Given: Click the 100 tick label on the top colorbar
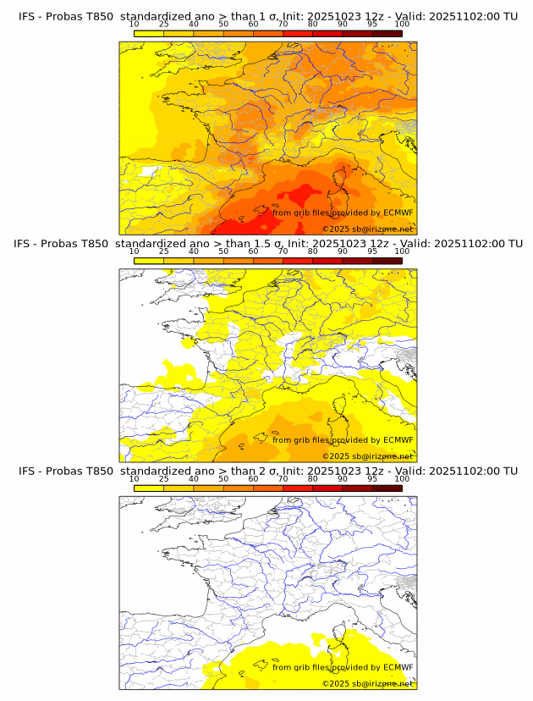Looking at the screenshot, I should (x=402, y=25).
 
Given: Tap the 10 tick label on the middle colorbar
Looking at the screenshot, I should (x=135, y=251).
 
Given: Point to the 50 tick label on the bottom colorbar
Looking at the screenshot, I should (x=223, y=478).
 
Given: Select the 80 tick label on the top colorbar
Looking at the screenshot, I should (x=313, y=25).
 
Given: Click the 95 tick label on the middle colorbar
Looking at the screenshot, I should (x=372, y=251).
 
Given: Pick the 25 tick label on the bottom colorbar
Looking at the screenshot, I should (x=164, y=478).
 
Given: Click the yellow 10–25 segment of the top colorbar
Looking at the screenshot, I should (x=149, y=33).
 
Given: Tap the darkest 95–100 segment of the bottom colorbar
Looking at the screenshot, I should (x=387, y=488).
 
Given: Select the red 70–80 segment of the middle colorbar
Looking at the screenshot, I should (x=298, y=261).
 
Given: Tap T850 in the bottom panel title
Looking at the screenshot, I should (x=98, y=471).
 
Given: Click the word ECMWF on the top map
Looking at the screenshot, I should (x=398, y=213).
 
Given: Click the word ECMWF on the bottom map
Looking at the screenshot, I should (x=398, y=667).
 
